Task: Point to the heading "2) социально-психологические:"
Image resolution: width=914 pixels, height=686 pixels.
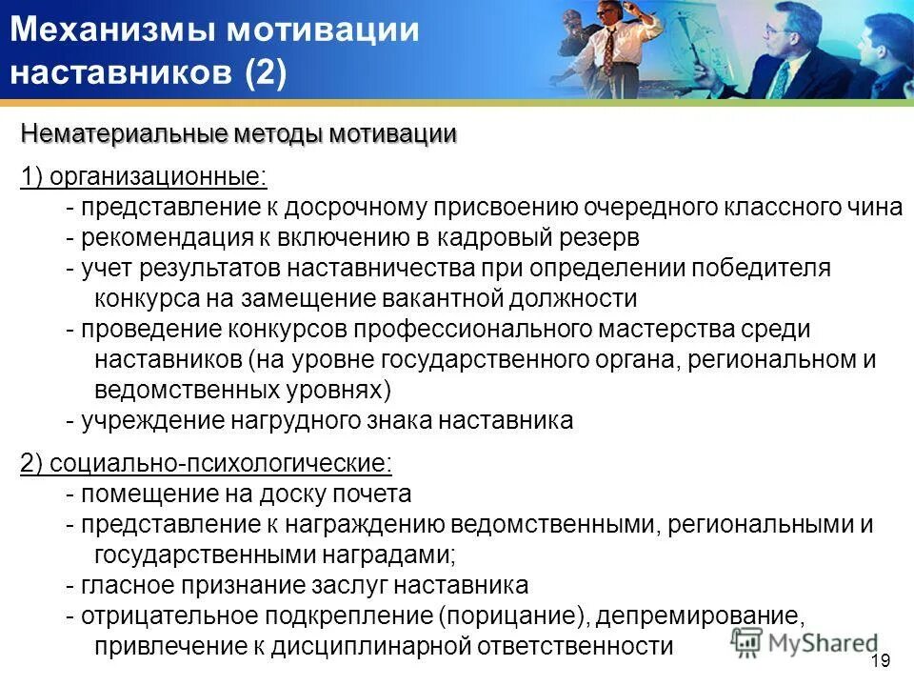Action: point(206,462)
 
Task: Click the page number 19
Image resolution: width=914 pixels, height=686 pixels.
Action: point(880,661)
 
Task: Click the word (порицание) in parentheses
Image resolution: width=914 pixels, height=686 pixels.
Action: point(514,615)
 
